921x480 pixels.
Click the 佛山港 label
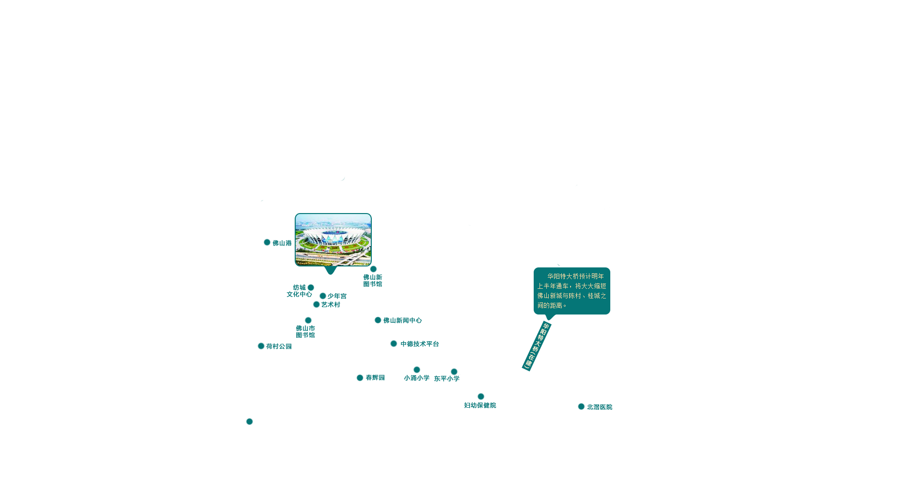(282, 243)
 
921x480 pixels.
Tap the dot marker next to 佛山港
(267, 242)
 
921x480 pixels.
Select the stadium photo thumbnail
(333, 240)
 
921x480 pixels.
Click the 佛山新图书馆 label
(373, 281)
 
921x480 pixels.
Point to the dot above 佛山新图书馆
(373, 269)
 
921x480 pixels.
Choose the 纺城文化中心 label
(299, 291)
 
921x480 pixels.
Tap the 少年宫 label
(337, 296)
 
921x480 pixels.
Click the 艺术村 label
(331, 305)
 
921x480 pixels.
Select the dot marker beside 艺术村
(317, 304)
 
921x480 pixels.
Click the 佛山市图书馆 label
(305, 331)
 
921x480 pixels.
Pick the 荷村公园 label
(279, 347)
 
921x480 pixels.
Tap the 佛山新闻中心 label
(402, 320)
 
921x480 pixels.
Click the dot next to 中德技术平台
(394, 344)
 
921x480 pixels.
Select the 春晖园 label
(375, 378)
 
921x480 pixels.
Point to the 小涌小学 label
(417, 378)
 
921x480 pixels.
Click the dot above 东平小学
(454, 372)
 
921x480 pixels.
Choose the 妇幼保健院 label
(480, 405)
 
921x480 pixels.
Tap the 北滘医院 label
(600, 407)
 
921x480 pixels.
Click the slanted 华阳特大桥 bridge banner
(537, 346)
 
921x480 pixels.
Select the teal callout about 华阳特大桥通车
(572, 291)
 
